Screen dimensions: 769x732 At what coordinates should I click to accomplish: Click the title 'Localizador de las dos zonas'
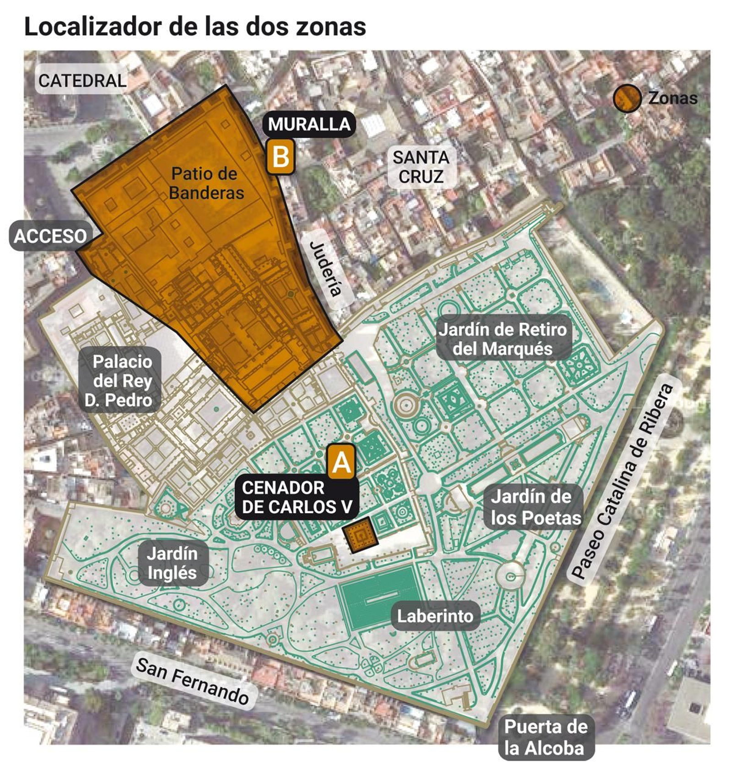pos(195,27)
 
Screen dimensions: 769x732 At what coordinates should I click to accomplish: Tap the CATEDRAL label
pos(82,81)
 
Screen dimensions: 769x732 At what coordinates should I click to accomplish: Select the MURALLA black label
pos(309,124)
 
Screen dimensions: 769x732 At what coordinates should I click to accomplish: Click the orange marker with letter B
pos(280,157)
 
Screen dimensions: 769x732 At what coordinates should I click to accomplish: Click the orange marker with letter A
pos(341,461)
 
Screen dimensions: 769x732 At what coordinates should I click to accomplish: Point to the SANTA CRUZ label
pos(421,167)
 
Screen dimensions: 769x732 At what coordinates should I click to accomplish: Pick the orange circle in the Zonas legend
pos(627,98)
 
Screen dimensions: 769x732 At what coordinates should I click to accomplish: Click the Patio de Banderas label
pos(206,183)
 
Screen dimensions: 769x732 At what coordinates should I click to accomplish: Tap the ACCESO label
pos(50,236)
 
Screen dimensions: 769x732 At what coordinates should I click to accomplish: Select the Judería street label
pos(326,269)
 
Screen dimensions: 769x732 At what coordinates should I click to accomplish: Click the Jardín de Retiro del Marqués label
pos(503,339)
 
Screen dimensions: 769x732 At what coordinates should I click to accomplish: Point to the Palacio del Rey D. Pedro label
pos(120,381)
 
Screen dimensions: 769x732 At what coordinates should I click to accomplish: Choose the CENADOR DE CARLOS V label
pos(296,497)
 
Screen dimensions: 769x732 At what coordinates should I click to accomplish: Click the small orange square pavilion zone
pos(361,534)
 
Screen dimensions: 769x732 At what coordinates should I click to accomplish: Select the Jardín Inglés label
pos(172,563)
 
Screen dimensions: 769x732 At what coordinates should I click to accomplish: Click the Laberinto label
pos(435,616)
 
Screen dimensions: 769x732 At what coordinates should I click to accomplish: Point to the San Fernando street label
pos(192,681)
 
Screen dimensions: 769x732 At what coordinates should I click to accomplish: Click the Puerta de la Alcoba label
pos(545,737)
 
